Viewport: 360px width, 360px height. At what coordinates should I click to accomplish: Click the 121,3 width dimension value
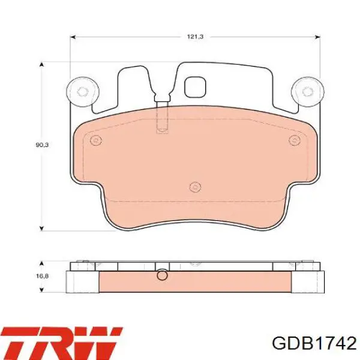[196, 37]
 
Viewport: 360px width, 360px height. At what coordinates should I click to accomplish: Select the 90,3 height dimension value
[42, 145]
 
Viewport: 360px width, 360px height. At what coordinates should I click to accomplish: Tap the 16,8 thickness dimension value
[42, 276]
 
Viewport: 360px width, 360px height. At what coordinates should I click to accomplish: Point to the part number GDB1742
[314, 343]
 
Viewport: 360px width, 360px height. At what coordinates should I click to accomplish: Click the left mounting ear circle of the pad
[82, 92]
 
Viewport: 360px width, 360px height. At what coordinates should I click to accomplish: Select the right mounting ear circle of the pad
[308, 92]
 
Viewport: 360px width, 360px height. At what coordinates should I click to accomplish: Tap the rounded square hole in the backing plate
[196, 87]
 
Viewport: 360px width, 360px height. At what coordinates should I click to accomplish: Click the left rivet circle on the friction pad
[96, 140]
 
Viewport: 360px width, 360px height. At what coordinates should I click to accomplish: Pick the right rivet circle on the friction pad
[295, 140]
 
